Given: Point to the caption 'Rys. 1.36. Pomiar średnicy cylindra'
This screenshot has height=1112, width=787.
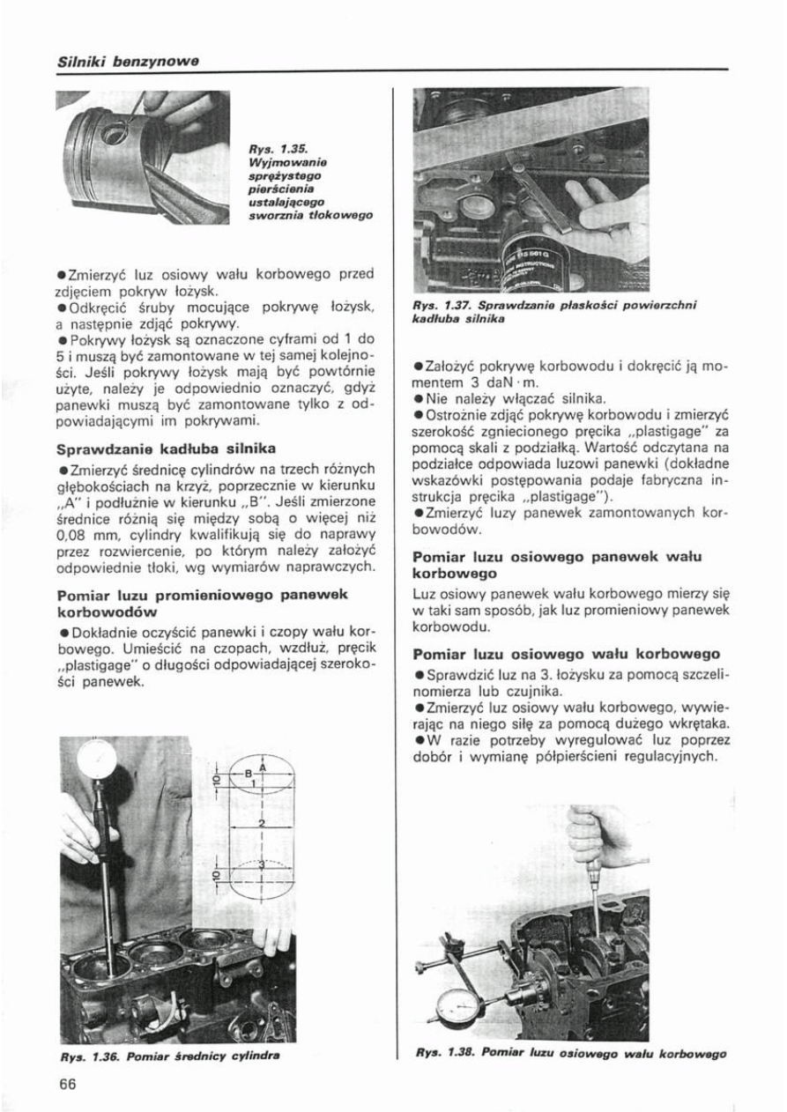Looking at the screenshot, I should click(x=174, y=1055).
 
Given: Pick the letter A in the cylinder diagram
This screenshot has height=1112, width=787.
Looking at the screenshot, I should click(x=262, y=767).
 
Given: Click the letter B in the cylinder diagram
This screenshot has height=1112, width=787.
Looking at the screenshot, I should click(x=249, y=775).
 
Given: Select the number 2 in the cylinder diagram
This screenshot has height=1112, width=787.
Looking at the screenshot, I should click(x=262, y=821).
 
